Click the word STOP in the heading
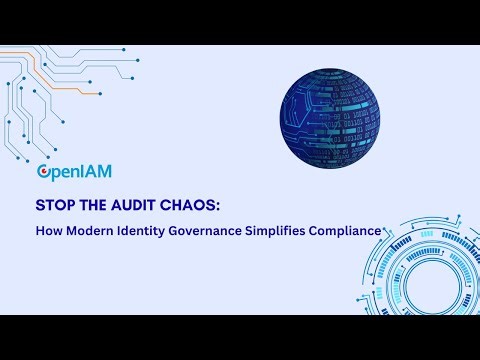click(x=58, y=206)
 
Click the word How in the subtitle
click(x=50, y=231)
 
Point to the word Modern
click(x=94, y=231)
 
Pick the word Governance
click(x=221, y=231)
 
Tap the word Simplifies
click(x=298, y=231)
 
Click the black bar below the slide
click(x=240, y=337)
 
